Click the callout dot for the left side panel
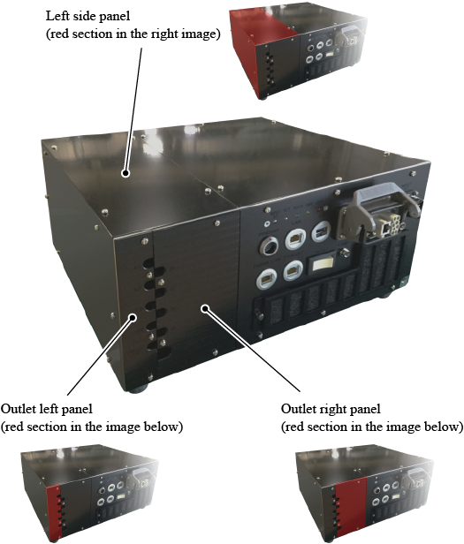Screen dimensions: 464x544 click(126, 173)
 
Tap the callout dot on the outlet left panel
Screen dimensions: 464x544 click(133, 317)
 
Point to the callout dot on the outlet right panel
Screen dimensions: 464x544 click(206, 308)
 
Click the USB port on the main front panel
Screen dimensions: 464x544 click(320, 231)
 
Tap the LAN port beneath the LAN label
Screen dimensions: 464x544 click(295, 238)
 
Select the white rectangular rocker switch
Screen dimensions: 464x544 click(322, 266)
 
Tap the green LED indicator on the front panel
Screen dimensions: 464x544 click(307, 212)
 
